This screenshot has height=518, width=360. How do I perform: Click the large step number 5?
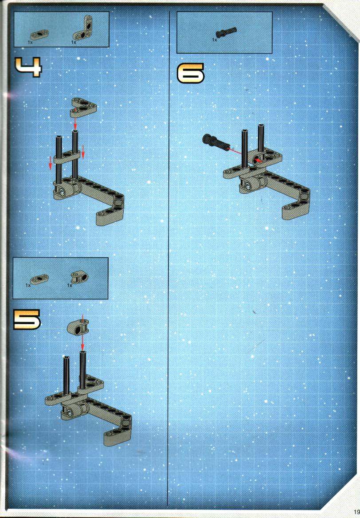27,319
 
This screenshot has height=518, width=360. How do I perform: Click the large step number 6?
191,73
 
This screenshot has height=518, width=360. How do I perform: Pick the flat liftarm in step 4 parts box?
39,34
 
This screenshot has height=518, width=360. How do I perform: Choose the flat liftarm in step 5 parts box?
39,279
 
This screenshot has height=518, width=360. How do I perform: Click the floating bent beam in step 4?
83,107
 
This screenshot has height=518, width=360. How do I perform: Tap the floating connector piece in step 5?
78,327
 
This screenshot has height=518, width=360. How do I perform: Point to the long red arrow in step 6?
243,154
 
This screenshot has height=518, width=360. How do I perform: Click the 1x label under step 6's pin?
214,39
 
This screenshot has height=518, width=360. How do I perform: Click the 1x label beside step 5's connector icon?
70,285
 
